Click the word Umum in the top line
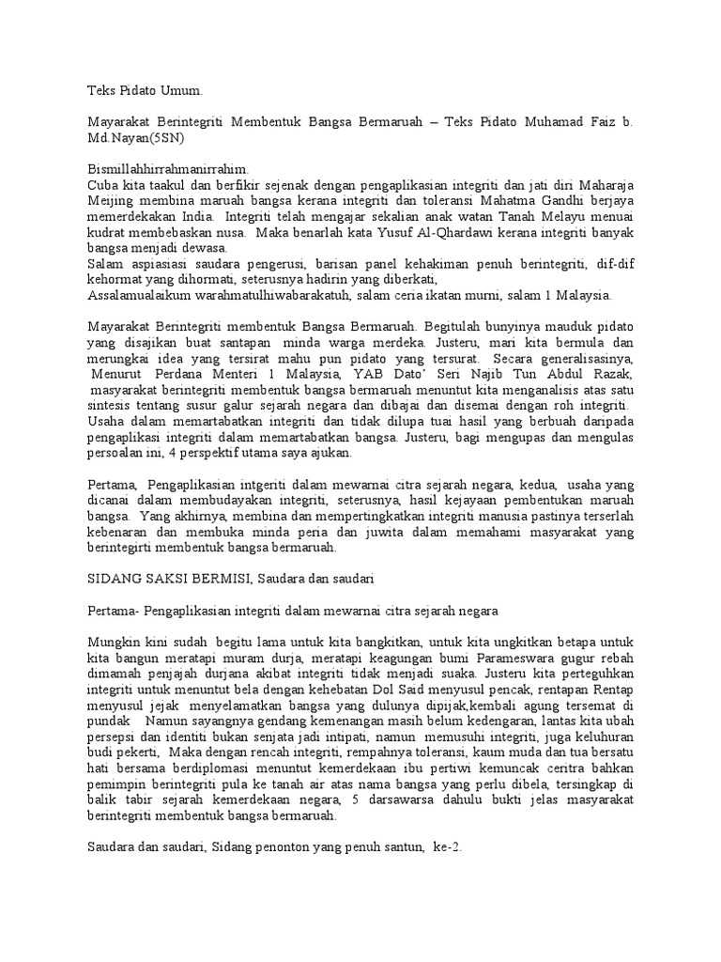pyautogui.click(x=181, y=91)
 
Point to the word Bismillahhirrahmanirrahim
pyautogui.click(x=161, y=168)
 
